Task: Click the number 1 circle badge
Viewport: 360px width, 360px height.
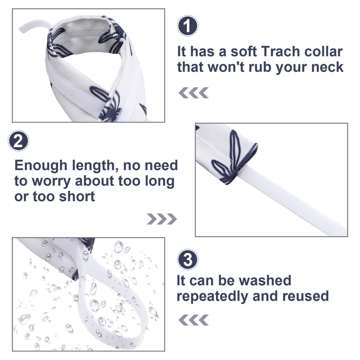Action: click(x=188, y=26)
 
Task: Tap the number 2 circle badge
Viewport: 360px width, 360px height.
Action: click(x=18, y=141)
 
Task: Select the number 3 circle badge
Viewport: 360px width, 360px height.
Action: click(x=188, y=260)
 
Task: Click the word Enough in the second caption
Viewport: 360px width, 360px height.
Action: click(x=41, y=166)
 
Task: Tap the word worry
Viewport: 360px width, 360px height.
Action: click(x=51, y=182)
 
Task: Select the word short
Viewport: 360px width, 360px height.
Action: click(x=77, y=197)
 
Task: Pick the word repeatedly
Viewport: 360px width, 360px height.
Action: click(x=212, y=297)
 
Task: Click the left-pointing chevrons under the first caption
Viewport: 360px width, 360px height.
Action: click(x=193, y=93)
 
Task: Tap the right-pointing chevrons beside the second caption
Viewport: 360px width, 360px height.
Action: click(x=162, y=219)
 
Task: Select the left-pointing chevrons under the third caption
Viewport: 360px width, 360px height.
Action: click(x=193, y=320)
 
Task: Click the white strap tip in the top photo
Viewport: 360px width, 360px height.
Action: click(x=22, y=29)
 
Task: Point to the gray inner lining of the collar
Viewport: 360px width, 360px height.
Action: click(x=85, y=37)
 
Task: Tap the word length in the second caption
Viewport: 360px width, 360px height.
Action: click(x=95, y=166)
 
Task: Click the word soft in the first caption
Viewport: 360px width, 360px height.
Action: click(x=243, y=51)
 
